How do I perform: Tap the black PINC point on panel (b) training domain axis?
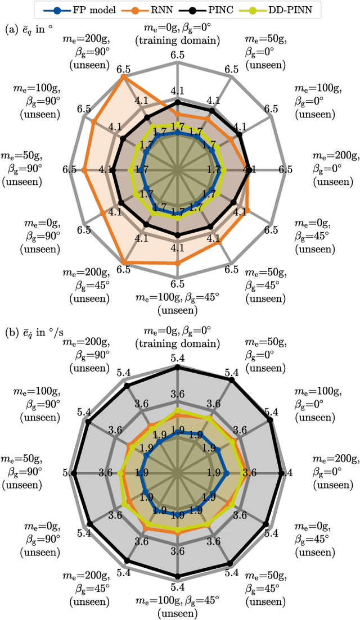point(178,367)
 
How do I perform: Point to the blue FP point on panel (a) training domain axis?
point(178,133)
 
